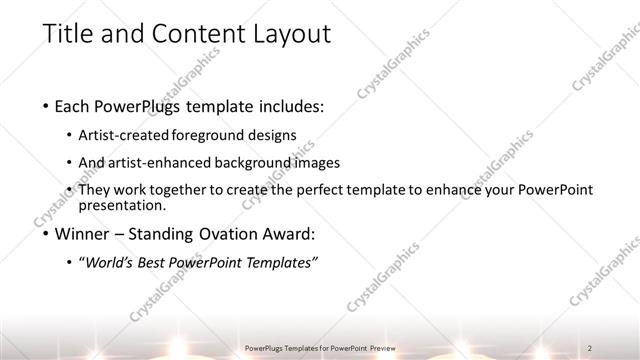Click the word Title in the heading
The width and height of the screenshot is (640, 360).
pyautogui.click(x=67, y=33)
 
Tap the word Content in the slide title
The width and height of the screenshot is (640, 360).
pyautogui.click(x=187, y=33)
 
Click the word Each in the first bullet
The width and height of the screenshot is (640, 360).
pyautogui.click(x=76, y=105)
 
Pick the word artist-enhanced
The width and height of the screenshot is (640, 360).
pyautogui.click(x=161, y=162)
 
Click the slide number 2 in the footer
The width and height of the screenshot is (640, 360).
pyautogui.click(x=592, y=348)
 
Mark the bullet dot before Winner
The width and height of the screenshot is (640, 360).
pyautogui.click(x=47, y=235)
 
